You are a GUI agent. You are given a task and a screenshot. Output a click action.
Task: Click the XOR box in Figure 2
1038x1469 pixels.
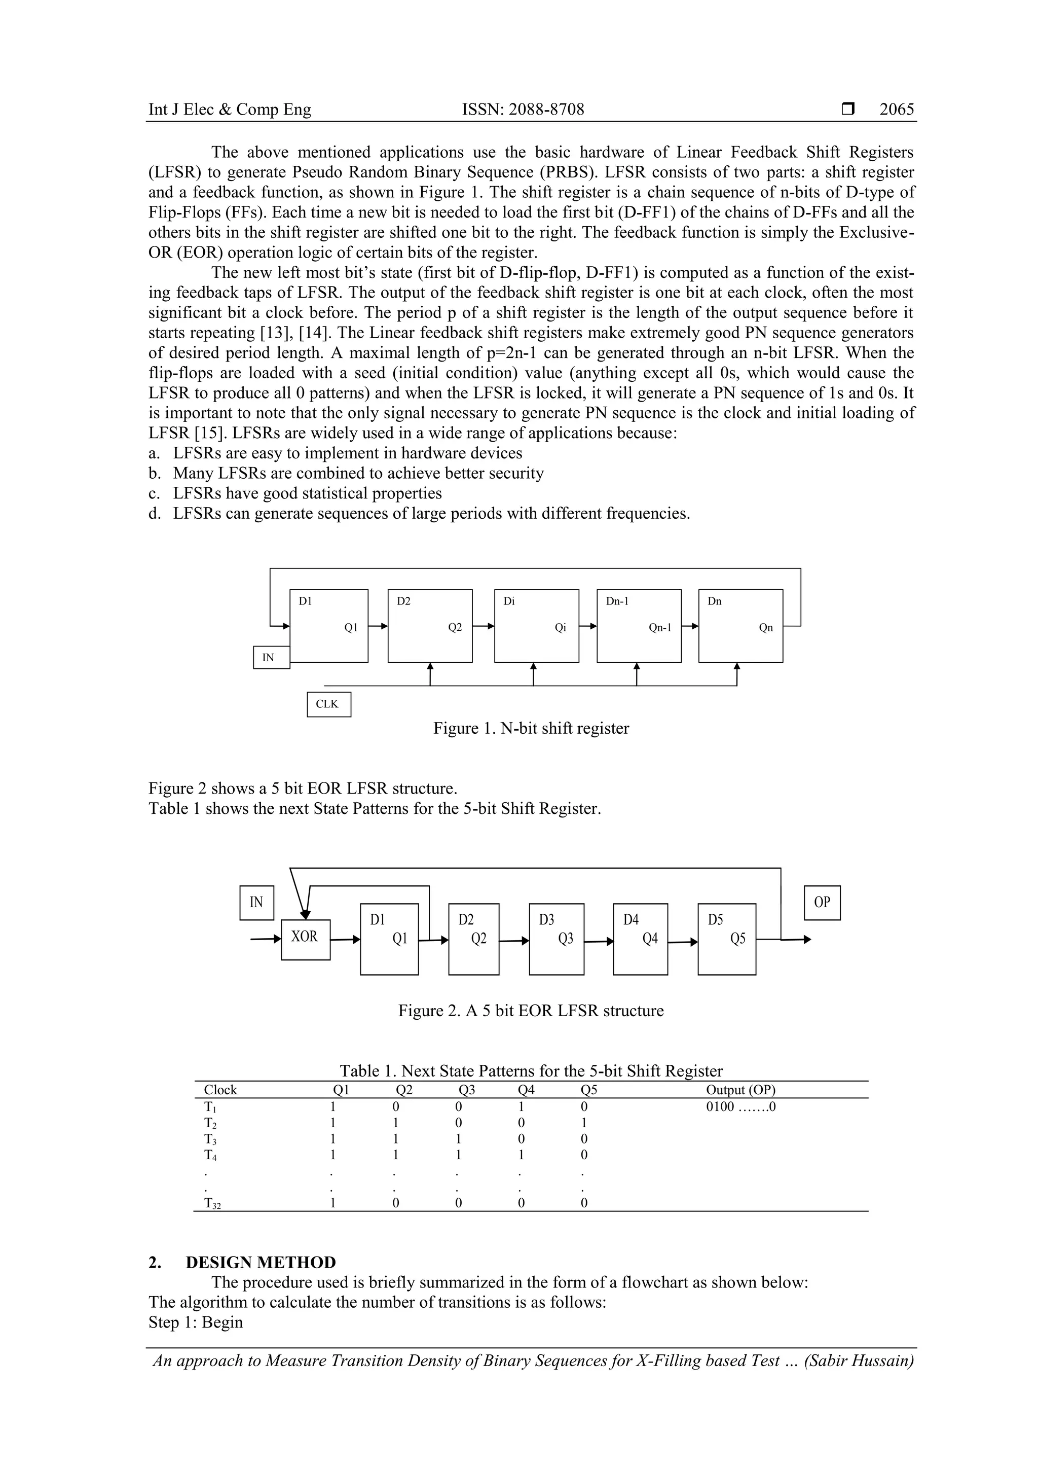pos(306,939)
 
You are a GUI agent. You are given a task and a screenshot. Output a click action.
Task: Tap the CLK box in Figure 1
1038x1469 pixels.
pos(329,704)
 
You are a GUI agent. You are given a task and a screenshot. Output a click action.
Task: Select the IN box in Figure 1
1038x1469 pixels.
pos(271,657)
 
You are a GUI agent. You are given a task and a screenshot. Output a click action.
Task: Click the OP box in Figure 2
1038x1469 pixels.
pos(822,902)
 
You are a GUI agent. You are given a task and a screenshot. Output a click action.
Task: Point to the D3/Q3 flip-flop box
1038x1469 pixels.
pos(557,939)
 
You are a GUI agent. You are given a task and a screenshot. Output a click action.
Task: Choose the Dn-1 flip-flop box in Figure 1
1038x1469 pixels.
pos(638,626)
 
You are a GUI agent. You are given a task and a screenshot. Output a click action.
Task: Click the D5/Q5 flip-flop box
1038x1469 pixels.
pos(726,939)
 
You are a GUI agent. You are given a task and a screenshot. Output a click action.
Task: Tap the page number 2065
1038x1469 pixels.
pos(897,110)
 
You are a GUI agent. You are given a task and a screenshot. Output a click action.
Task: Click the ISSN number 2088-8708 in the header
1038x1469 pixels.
pos(523,110)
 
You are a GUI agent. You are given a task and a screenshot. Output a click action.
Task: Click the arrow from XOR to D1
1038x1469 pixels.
pos(345,939)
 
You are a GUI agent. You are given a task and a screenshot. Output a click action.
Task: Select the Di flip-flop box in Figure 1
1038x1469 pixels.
pos(537,626)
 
